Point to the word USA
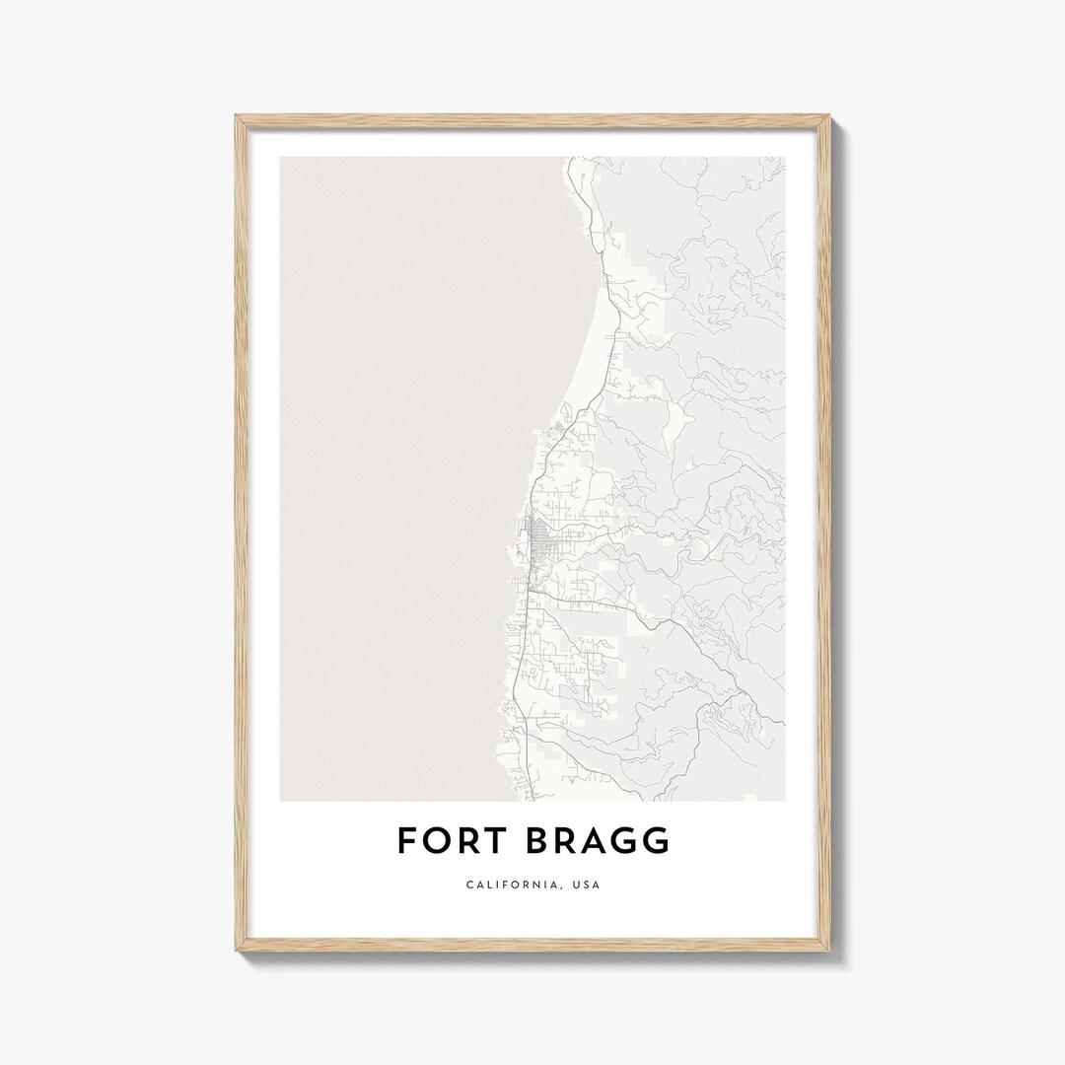586,885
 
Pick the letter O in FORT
432,841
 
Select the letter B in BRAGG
537,841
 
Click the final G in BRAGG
657,841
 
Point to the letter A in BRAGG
597,841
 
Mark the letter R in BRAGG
566,841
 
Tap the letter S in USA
586,885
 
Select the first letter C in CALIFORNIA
469,885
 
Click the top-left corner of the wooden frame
236,116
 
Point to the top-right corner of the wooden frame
830,116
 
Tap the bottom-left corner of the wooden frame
236,952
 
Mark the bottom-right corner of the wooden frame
830,952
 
